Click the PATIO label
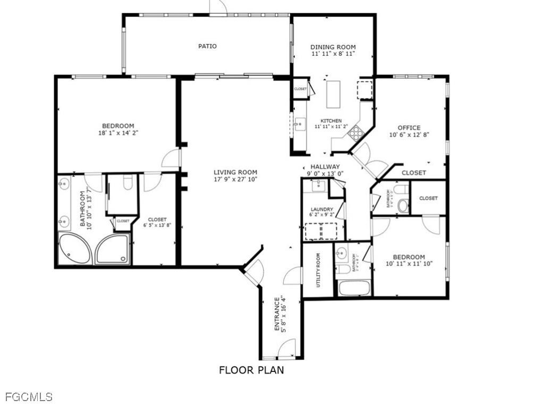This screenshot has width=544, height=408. (x=207, y=46)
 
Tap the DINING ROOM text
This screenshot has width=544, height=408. (x=333, y=47)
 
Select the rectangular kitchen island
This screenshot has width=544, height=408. (x=333, y=93)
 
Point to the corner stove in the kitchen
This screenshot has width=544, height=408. (x=354, y=132)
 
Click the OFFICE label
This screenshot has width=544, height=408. (x=409, y=127)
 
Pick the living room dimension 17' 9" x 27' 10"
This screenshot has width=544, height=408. (x=235, y=179)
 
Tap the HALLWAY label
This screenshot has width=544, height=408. (x=325, y=166)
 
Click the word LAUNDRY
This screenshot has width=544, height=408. (x=322, y=209)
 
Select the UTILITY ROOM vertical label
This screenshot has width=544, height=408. (x=318, y=270)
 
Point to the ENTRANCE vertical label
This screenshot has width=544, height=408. (x=277, y=313)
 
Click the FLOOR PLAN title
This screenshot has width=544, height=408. (x=251, y=370)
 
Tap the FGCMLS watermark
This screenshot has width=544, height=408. (x=29, y=397)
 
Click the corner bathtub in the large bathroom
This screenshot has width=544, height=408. (x=74, y=249)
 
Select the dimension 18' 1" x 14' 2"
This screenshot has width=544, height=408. (x=118, y=133)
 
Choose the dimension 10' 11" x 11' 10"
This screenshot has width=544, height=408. (x=409, y=263)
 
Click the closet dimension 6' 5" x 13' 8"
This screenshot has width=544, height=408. (x=157, y=225)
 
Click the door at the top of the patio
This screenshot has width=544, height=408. (x=218, y=7)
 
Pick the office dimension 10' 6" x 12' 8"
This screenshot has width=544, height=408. (x=409, y=135)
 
